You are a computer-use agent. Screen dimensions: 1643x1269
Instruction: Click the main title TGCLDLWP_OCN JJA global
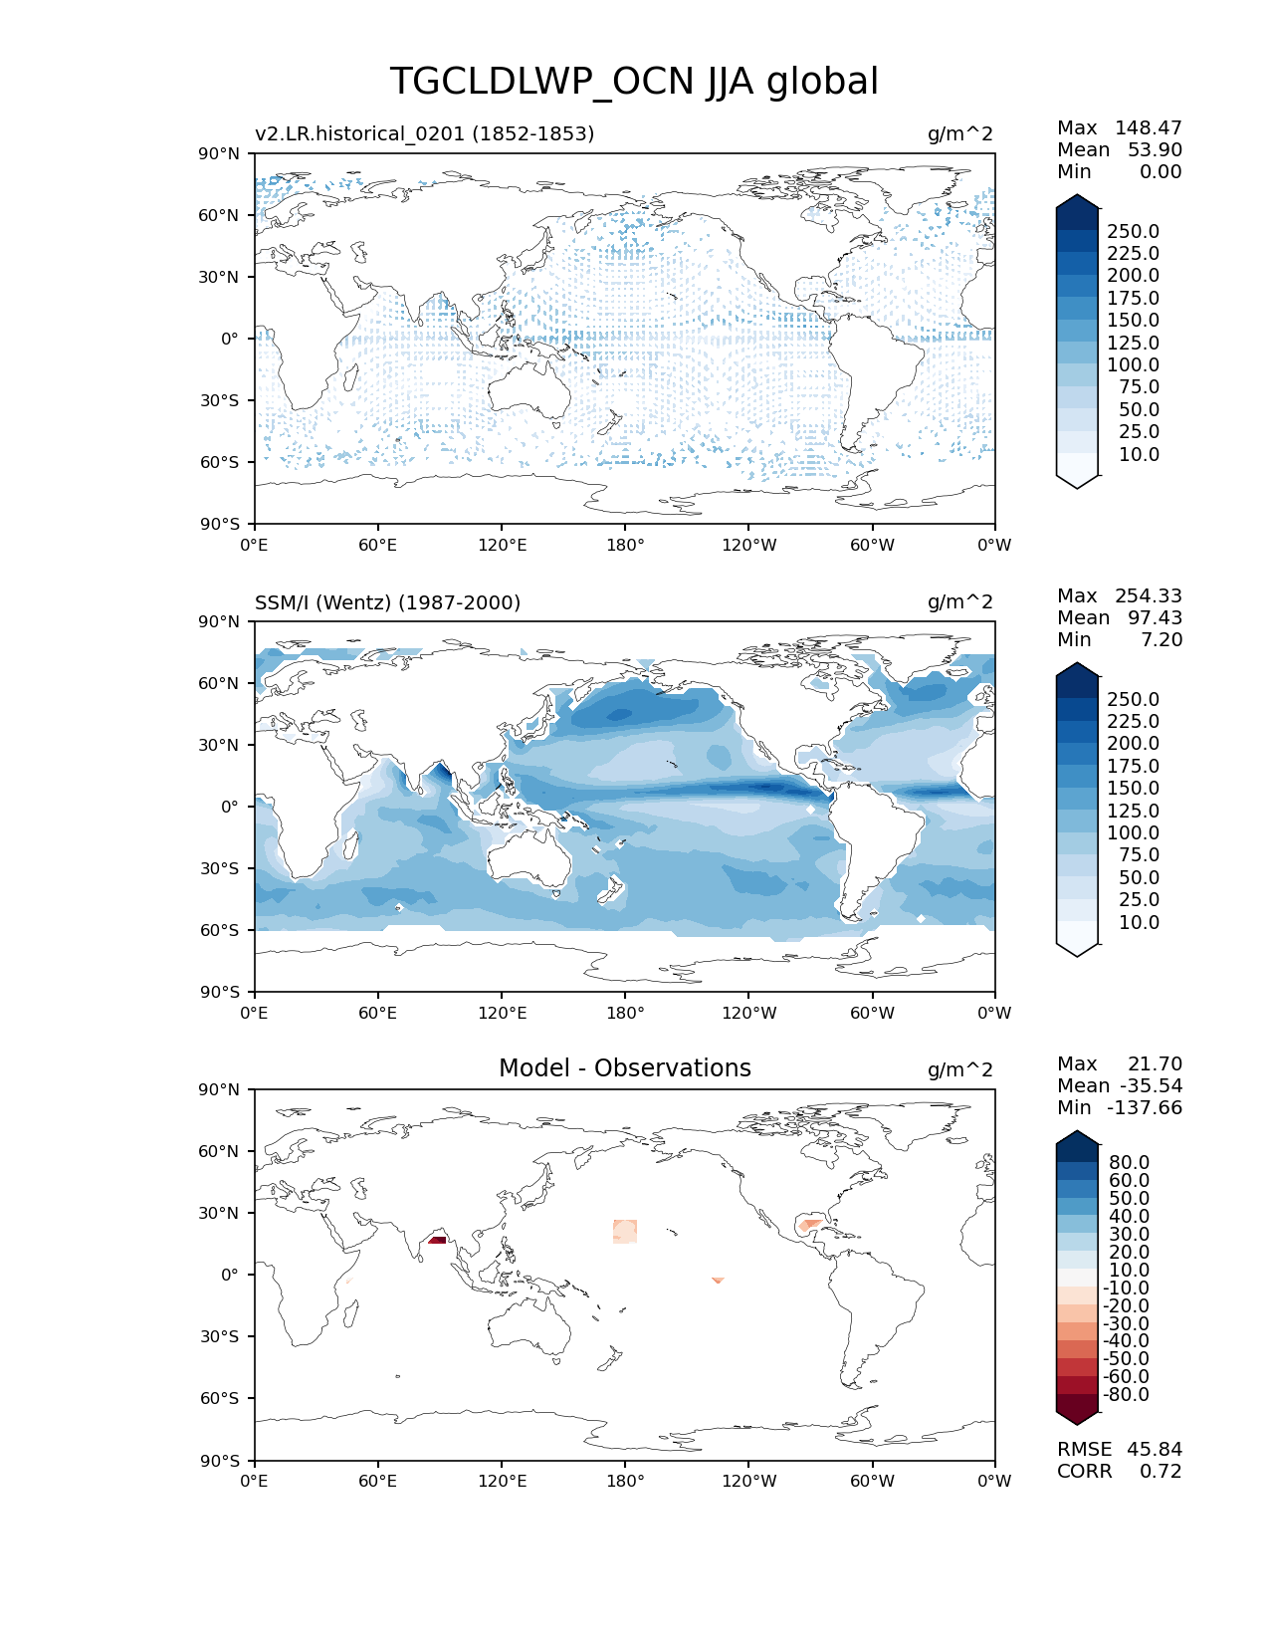634,82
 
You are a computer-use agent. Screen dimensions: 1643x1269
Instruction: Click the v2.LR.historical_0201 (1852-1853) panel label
424,133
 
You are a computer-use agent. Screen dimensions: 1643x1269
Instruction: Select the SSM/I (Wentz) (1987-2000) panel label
387,602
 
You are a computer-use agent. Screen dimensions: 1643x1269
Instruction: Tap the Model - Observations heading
624,1068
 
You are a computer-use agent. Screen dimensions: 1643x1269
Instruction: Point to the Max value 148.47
1148,127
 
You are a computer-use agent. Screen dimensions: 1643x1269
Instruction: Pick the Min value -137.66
1148,1107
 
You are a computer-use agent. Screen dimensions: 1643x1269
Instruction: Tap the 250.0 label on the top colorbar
1133,231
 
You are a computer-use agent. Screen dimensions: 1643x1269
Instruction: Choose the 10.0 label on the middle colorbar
1139,922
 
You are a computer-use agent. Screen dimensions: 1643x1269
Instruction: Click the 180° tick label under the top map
625,545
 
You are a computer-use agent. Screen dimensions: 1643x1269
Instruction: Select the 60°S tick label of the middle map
223,930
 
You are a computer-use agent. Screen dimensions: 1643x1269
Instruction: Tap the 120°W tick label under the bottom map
749,1481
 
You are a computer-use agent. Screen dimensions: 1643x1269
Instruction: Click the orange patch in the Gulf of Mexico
810,1224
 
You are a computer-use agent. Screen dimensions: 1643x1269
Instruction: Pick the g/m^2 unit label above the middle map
959,602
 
